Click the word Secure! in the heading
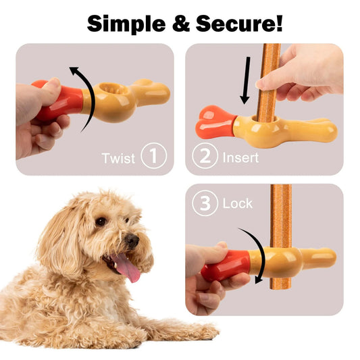point(242,23)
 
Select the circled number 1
point(153,157)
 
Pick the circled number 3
point(205,203)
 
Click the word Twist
point(118,158)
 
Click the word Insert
point(240,157)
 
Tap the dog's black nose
point(132,240)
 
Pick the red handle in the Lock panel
point(226,265)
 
